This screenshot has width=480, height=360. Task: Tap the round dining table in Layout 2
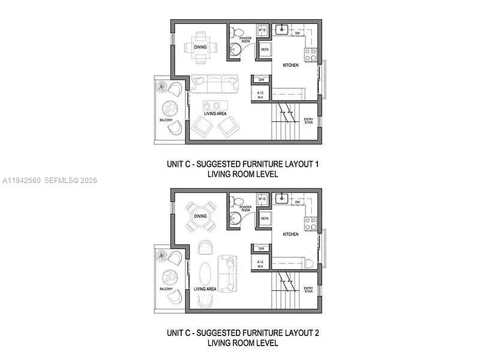[200, 217]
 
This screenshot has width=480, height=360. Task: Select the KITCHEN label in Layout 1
[291, 65]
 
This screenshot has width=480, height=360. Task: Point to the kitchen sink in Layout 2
[282, 197]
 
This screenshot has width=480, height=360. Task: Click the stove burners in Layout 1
[310, 55]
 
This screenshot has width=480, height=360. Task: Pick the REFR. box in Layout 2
[264, 219]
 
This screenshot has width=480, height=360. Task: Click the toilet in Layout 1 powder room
[236, 32]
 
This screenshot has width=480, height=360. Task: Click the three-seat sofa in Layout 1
[214, 85]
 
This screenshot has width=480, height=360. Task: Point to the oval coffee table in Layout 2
[205, 274]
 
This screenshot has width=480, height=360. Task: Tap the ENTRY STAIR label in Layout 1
[309, 121]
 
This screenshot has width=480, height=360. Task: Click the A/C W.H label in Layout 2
[261, 264]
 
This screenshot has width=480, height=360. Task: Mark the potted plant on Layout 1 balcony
[161, 86]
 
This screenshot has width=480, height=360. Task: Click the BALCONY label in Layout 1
[166, 121]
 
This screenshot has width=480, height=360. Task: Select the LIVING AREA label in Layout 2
[205, 289]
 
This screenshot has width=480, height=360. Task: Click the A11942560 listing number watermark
[21, 181]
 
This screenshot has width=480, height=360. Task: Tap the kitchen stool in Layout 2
[309, 263]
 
